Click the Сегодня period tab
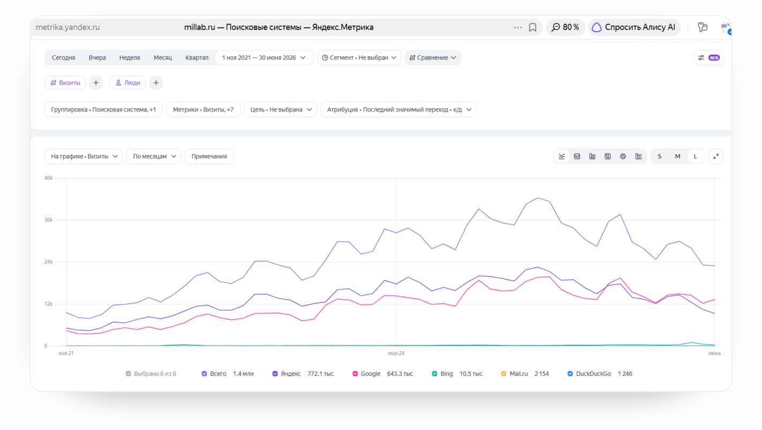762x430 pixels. click(63, 57)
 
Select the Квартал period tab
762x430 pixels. click(197, 57)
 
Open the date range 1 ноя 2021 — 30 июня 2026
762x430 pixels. click(264, 57)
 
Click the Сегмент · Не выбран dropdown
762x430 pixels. click(359, 57)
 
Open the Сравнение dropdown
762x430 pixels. click(432, 57)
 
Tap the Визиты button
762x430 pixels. click(65, 83)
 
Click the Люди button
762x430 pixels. click(128, 83)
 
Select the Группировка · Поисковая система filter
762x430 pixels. click(103, 109)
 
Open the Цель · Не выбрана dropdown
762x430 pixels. click(280, 109)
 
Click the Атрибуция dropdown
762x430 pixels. click(398, 109)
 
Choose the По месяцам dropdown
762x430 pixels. click(154, 156)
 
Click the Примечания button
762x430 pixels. click(209, 156)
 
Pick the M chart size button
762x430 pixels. click(677, 156)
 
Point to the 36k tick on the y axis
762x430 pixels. click(48, 220)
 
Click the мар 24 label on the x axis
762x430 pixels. click(397, 353)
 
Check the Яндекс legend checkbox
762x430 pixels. click(275, 374)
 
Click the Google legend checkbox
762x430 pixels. click(355, 374)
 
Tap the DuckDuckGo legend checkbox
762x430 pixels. click(570, 374)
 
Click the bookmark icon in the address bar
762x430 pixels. click(533, 27)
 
